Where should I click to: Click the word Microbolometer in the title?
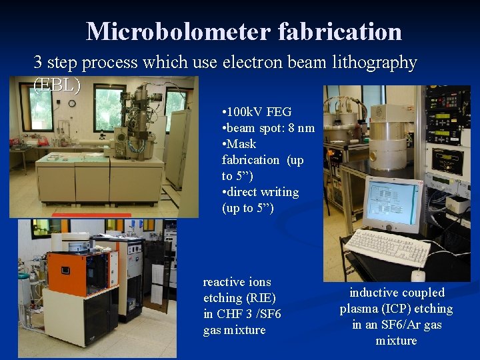[177, 31]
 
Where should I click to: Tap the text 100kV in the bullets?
[245, 112]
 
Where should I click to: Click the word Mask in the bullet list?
[241, 144]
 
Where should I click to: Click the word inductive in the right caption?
[374, 293]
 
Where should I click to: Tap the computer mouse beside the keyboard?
[418, 274]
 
